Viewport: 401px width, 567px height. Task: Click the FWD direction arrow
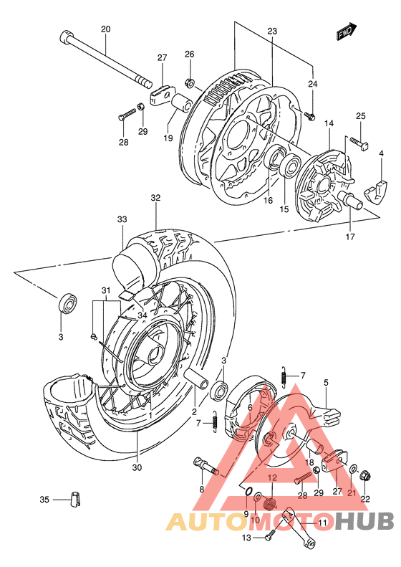347,33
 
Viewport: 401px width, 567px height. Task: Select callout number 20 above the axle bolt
105,29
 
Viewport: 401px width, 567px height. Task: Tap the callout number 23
272,31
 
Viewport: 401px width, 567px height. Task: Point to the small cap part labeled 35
74,499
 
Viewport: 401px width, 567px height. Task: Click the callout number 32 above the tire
155,197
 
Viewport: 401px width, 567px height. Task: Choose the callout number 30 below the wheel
137,467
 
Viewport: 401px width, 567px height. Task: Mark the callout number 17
350,237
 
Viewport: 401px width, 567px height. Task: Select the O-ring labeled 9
247,492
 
